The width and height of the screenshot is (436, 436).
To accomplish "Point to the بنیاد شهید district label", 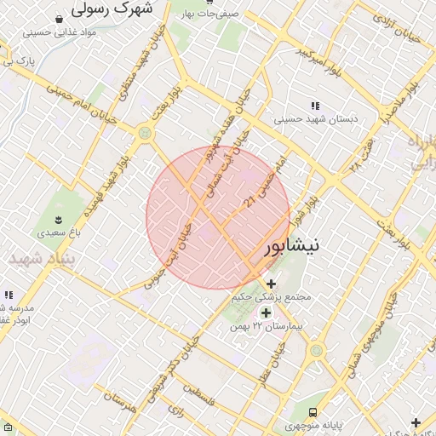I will coord(41,258).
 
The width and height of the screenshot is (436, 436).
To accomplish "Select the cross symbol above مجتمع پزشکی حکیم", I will coord(271,284).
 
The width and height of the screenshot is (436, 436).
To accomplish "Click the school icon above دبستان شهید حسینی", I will coord(316,106).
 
